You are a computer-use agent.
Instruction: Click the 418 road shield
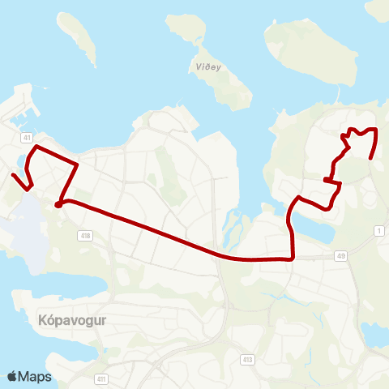(85, 236)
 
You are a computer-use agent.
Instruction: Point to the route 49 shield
(340, 256)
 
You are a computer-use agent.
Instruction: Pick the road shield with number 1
(378, 231)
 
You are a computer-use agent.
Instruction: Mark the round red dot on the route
(58, 204)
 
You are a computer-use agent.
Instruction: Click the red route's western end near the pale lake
(13, 175)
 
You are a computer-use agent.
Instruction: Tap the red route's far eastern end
(371, 157)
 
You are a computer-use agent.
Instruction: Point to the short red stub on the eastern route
(327, 179)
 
